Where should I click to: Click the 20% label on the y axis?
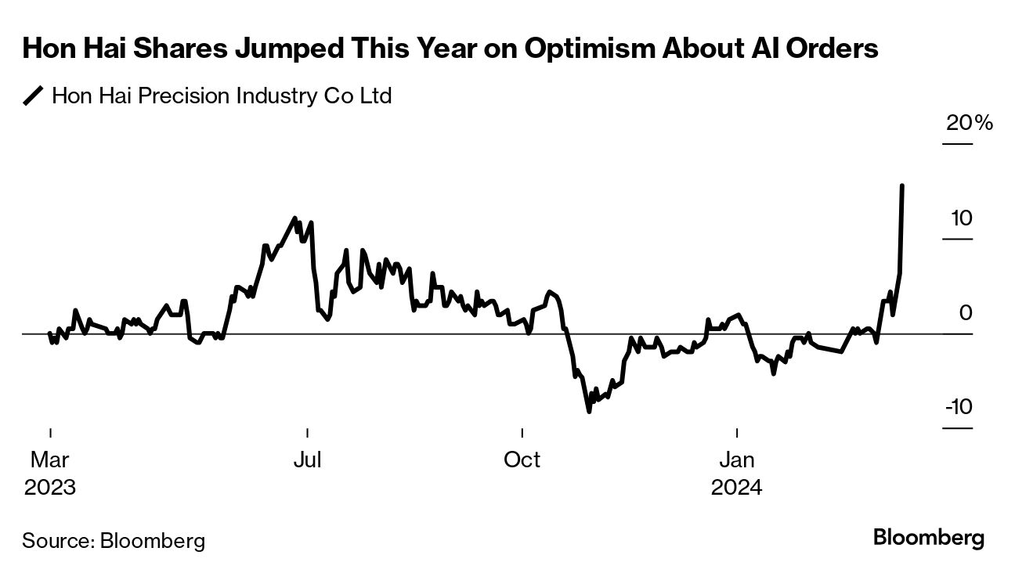click(970, 124)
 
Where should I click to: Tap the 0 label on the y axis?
click(965, 313)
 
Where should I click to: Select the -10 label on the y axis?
click(958, 408)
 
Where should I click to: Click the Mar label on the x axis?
click(49, 459)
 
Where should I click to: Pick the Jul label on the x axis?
click(307, 459)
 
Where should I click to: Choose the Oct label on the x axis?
click(522, 459)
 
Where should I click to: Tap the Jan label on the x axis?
click(737, 459)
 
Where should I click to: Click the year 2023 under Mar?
click(49, 487)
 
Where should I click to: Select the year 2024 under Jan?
click(737, 487)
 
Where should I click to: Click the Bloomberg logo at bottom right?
click(928, 539)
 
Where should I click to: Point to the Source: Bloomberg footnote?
click(114, 540)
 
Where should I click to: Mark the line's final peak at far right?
click(903, 186)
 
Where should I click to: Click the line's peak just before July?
click(294, 218)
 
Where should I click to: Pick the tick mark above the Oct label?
click(522, 432)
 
